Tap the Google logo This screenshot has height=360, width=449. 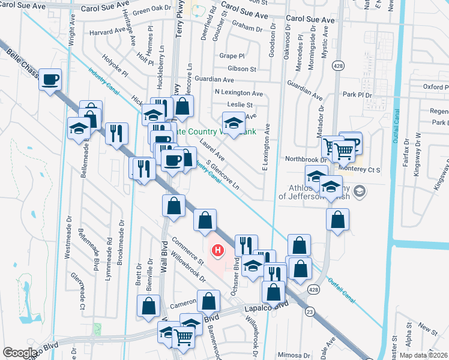pos(20,353)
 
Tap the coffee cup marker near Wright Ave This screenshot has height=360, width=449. pos(50,79)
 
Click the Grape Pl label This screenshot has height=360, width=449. pos(232,56)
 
